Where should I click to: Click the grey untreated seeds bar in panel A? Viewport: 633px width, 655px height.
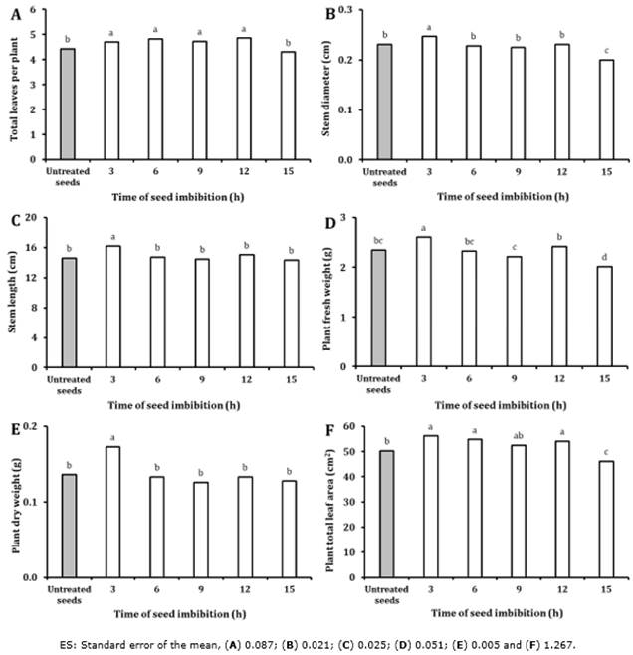point(69,104)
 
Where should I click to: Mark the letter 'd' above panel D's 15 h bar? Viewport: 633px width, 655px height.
point(606,257)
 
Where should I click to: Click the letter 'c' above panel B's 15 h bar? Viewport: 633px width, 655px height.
point(606,50)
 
